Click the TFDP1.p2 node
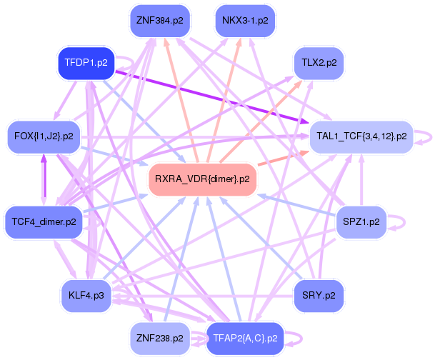click(x=86, y=62)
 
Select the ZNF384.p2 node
click(x=157, y=20)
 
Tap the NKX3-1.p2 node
click(x=245, y=20)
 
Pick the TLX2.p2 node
click(x=319, y=62)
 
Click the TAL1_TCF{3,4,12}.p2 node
click(x=361, y=135)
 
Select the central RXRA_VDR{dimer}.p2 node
click(x=202, y=179)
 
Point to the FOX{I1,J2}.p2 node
click(x=43, y=135)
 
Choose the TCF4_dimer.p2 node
click(x=42, y=222)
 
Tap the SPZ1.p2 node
click(x=361, y=222)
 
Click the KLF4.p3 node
click(x=86, y=294)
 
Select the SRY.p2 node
click(x=319, y=294)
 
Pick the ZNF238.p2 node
click(x=157, y=338)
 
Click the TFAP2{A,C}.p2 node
click(x=245, y=338)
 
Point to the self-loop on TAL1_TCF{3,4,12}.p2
click(x=426, y=135)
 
